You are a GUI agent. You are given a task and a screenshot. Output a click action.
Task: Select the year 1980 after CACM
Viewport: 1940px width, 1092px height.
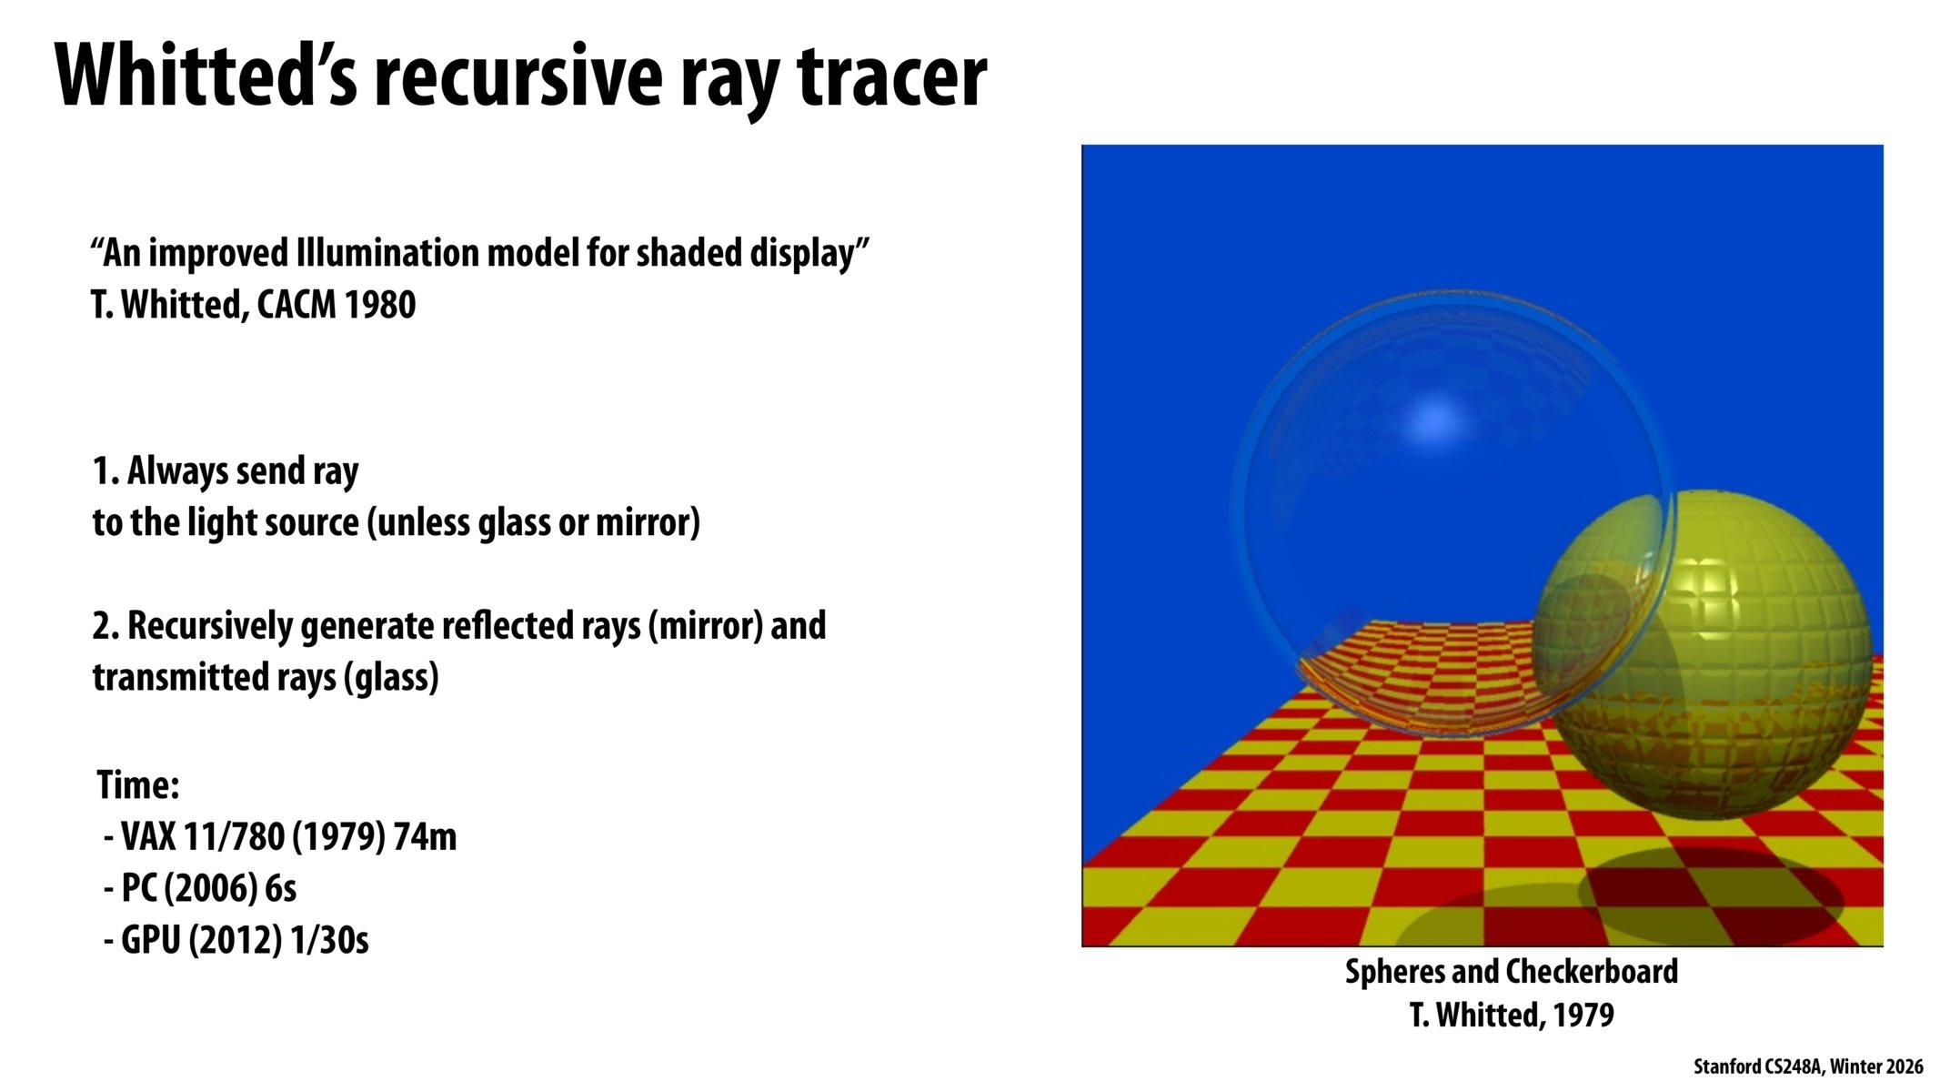380,305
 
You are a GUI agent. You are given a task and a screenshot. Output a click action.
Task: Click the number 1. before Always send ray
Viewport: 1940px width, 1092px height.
106,471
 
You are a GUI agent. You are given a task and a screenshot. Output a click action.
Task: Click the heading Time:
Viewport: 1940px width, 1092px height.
138,785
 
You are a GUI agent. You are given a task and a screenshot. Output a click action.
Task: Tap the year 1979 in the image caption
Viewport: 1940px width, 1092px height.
1583,1015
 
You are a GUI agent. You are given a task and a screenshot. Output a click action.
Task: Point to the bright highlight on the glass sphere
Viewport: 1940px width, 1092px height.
1437,423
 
